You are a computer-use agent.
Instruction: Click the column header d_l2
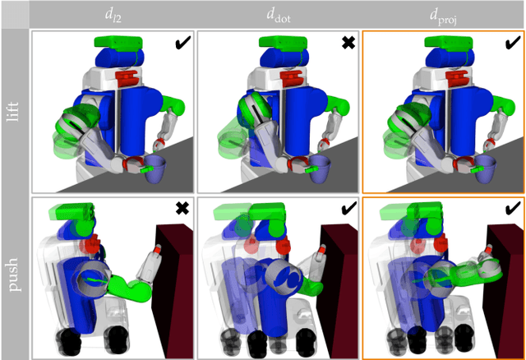113,14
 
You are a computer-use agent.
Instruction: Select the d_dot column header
279,14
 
